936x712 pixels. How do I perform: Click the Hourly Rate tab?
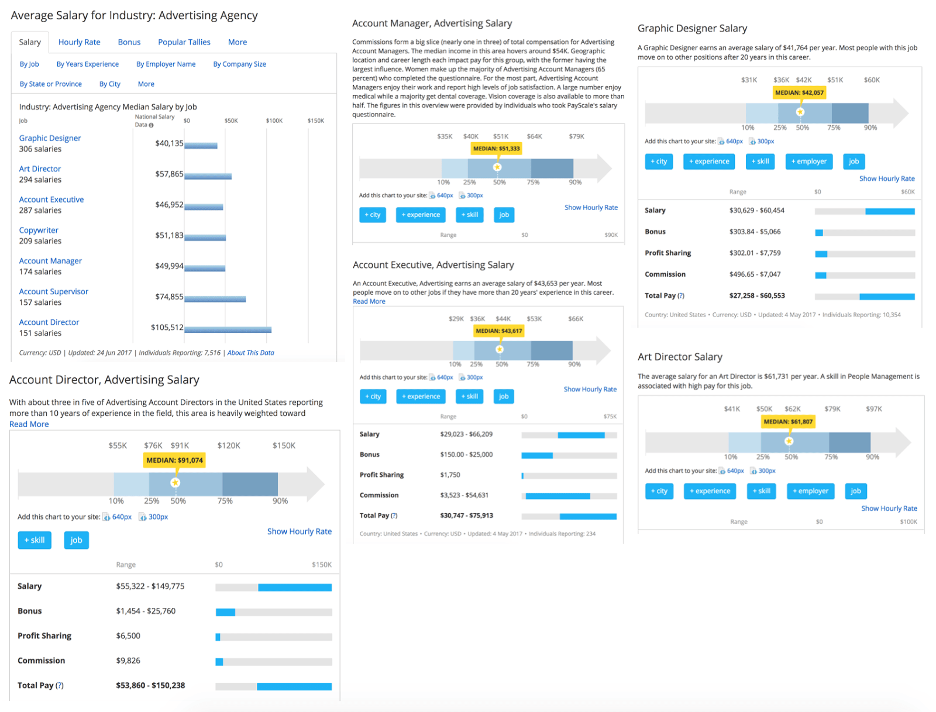click(x=79, y=42)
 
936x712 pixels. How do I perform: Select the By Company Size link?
click(x=239, y=64)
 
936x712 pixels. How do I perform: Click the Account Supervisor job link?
click(x=53, y=291)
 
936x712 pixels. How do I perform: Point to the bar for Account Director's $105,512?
click(x=228, y=329)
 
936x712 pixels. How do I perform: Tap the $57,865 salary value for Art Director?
click(x=169, y=174)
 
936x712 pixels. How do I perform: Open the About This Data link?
click(x=250, y=353)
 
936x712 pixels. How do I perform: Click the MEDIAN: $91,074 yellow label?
click(x=174, y=460)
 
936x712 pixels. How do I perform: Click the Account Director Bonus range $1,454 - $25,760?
click(x=146, y=611)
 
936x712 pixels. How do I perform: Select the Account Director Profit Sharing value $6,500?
click(x=128, y=636)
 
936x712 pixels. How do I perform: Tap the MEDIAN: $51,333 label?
click(x=496, y=149)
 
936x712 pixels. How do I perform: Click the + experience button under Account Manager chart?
click(x=421, y=215)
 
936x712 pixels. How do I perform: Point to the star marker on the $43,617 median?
click(x=499, y=349)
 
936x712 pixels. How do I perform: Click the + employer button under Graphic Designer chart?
click(x=808, y=161)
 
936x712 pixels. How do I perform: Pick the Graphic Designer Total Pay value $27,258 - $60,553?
click(x=756, y=295)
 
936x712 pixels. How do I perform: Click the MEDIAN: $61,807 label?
click(x=788, y=421)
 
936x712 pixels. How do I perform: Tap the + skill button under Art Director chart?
click(x=761, y=491)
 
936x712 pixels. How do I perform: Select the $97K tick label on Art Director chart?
click(x=873, y=409)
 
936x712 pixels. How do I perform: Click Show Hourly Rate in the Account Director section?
click(x=299, y=531)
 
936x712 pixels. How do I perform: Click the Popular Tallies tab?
click(x=184, y=42)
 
